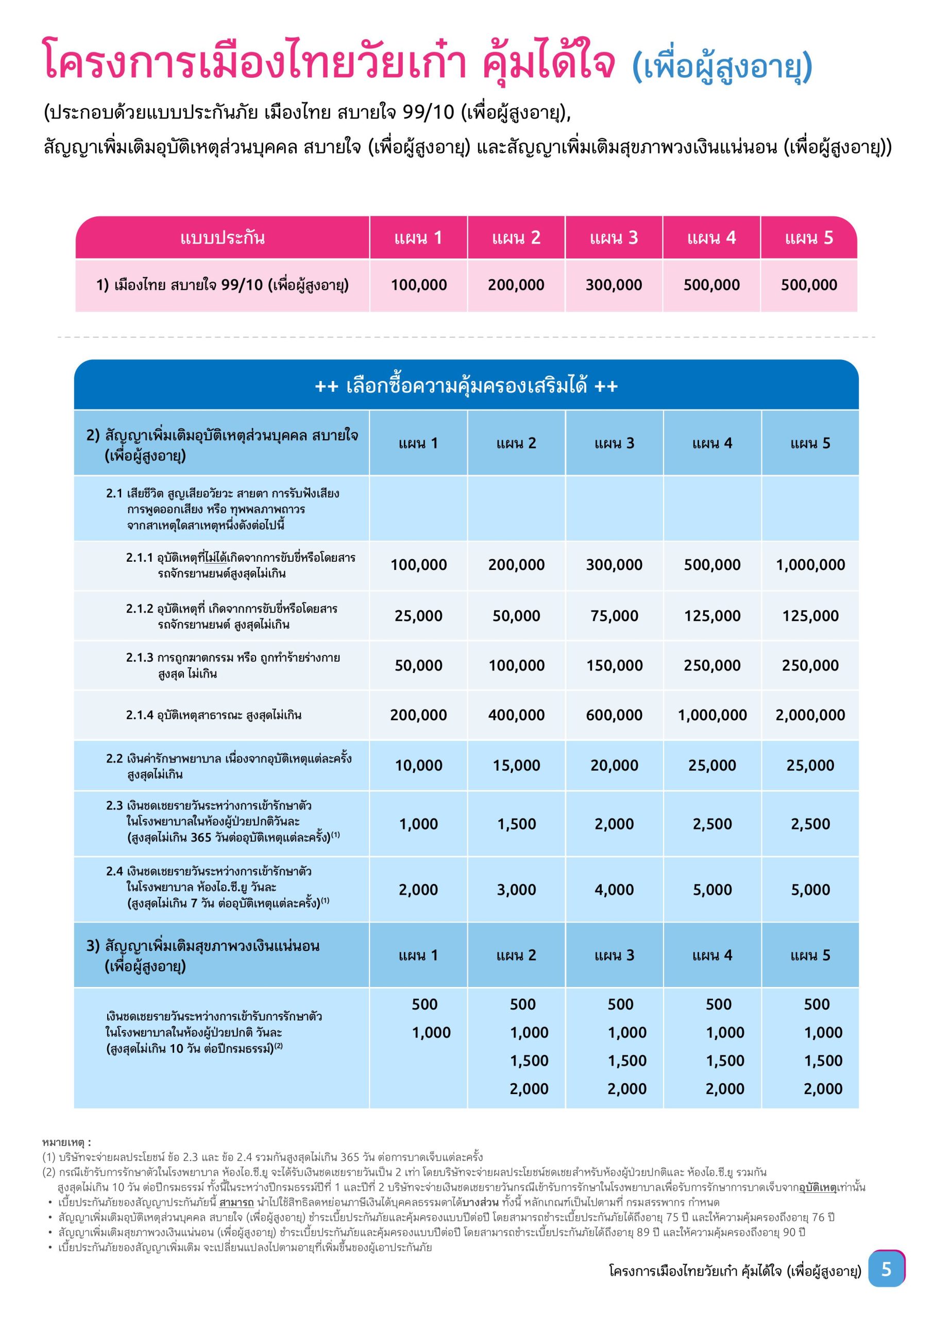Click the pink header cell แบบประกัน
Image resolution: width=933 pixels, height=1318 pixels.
[223, 238]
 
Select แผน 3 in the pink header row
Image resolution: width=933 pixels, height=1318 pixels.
[614, 238]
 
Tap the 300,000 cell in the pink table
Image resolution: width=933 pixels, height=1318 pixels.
[614, 285]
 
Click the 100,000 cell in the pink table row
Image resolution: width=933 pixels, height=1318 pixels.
[419, 285]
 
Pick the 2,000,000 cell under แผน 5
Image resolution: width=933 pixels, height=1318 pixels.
[810, 715]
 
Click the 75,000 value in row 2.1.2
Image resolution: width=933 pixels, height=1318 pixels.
[614, 616]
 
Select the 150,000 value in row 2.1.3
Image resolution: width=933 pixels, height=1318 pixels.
[614, 665]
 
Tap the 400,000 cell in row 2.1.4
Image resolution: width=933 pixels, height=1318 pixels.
[517, 715]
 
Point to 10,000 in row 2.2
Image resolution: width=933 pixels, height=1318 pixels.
[419, 765]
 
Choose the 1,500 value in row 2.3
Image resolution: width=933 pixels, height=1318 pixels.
[517, 824]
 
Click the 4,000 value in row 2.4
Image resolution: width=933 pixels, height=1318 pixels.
[614, 890]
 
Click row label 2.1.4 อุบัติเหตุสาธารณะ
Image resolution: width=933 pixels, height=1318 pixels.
[214, 715]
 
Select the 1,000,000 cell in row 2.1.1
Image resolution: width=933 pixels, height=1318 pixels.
[810, 565]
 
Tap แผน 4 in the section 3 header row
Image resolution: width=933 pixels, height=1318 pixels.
[712, 955]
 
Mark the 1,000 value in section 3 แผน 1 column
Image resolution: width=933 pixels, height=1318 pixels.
[431, 1033]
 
